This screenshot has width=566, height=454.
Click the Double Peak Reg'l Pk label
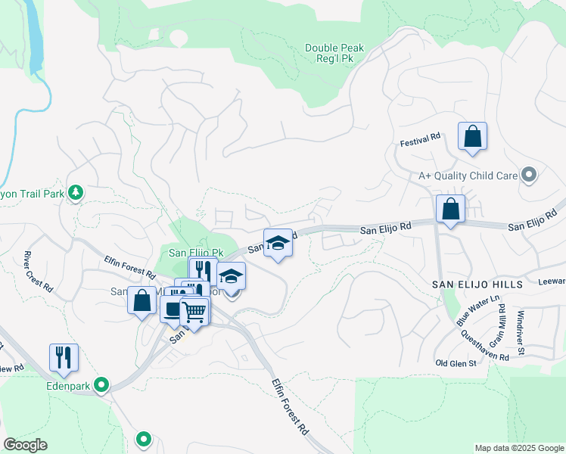(334, 53)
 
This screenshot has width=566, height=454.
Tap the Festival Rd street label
(421, 138)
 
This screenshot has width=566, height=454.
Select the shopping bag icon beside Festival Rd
(472, 138)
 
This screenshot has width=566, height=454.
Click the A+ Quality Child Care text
(468, 176)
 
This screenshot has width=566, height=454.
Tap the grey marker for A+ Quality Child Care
(529, 176)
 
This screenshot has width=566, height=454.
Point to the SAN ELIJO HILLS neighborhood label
(477, 284)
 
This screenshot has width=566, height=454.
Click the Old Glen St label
(456, 363)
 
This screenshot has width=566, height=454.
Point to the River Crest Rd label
(38, 272)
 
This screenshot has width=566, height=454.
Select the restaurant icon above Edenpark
(64, 357)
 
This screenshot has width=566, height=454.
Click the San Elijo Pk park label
(196, 252)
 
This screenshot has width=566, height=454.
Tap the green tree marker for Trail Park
(76, 193)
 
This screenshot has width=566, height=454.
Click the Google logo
(25, 445)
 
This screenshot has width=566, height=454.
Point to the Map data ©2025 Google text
(518, 448)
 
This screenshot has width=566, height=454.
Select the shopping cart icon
(194, 311)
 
